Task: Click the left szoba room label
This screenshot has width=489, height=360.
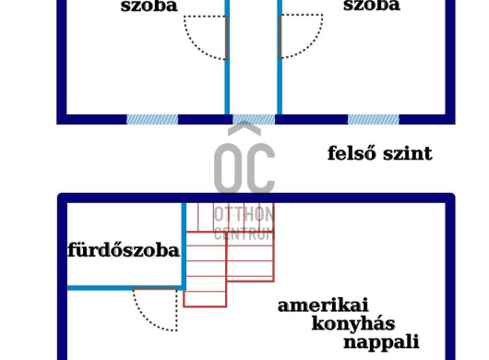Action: tap(149, 6)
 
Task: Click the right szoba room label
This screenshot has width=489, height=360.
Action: tap(371, 6)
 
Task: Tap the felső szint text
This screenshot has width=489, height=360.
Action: tap(379, 153)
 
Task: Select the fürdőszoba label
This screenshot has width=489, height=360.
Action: tap(124, 250)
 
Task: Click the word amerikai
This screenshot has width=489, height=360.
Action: tap(323, 306)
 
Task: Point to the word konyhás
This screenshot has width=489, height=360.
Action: tap(353, 324)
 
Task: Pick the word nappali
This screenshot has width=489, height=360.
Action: tap(381, 342)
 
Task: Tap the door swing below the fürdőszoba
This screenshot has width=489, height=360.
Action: tap(155, 309)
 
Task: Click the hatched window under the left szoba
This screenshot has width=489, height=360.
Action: tap(152, 119)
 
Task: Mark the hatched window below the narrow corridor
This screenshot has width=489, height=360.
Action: tap(254, 119)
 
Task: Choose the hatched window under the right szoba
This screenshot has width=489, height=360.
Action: tap(374, 119)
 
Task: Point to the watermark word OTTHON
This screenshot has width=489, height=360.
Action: tap(244, 214)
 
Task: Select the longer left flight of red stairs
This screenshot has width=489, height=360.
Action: tap(205, 268)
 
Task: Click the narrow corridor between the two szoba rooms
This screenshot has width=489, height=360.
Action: tap(254, 55)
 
